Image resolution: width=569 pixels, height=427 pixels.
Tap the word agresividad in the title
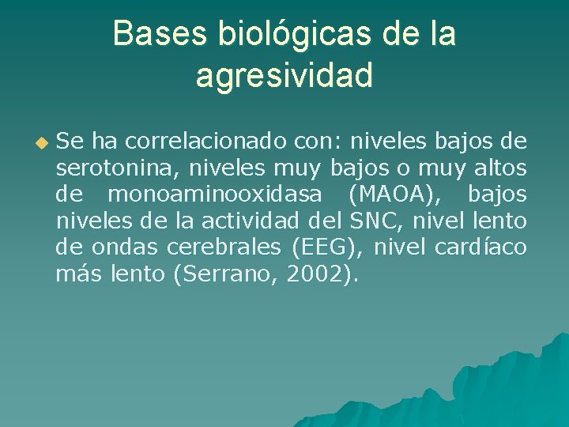pyautogui.click(x=284, y=76)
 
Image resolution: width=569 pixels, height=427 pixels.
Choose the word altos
pyautogui.click(x=499, y=168)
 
